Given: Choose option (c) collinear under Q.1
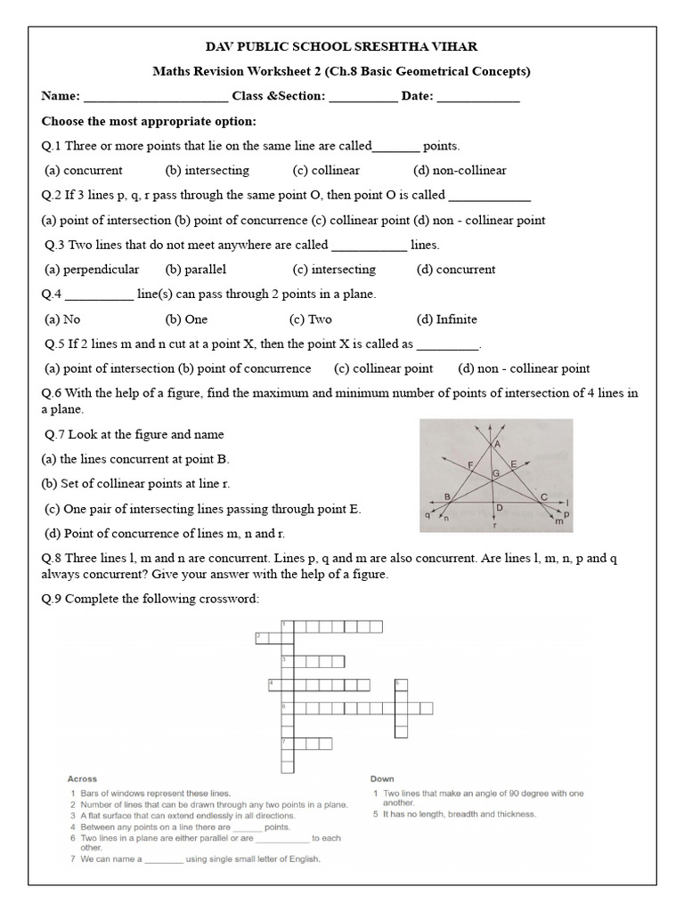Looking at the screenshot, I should (x=325, y=170).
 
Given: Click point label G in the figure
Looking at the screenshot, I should (x=495, y=474).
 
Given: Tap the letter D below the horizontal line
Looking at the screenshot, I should (x=500, y=507).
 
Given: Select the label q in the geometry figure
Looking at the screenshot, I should (x=428, y=513).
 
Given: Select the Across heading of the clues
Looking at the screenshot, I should (x=82, y=778).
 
